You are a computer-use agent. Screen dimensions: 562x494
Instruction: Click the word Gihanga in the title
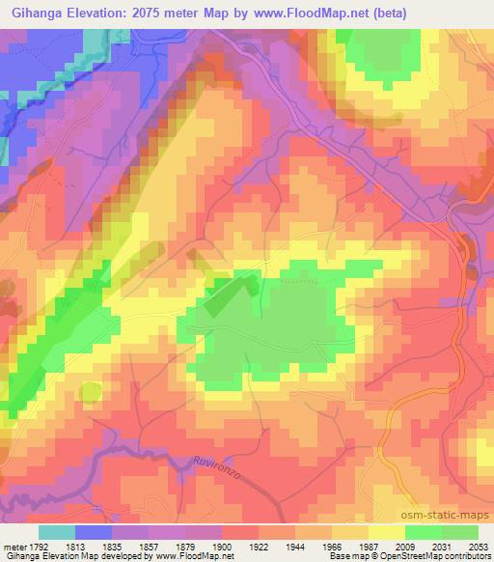click(37, 14)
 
